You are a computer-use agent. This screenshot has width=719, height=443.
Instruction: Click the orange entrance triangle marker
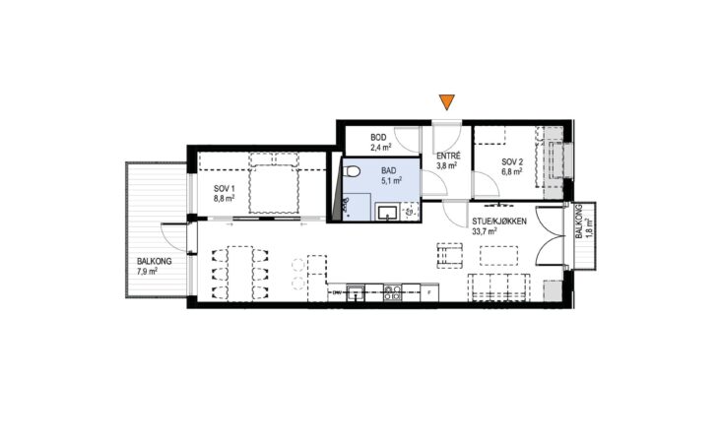tap(446, 101)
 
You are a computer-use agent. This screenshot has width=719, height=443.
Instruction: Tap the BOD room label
tap(379, 138)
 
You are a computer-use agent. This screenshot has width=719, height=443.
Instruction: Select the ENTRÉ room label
tap(448, 157)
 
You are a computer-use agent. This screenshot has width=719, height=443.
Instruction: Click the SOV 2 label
tap(512, 161)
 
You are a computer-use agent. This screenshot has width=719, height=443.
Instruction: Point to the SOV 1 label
tap(225, 189)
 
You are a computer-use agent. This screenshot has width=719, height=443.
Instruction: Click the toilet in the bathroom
tap(353, 171)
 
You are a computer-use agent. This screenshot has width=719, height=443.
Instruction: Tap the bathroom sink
tap(388, 213)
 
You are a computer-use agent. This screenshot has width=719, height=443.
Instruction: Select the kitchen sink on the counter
tap(356, 292)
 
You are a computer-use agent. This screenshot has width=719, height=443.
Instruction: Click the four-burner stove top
tap(392, 292)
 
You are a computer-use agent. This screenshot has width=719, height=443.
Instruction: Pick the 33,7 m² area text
tap(486, 231)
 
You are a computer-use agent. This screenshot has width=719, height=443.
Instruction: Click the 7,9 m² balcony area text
tap(147, 271)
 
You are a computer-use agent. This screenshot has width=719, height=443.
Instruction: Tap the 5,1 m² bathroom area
tap(392, 180)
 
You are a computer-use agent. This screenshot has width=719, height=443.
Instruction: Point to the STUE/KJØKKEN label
tap(499, 221)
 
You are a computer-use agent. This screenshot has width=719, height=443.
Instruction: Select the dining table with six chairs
tap(239, 274)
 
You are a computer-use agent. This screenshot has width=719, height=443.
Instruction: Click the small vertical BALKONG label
tap(579, 221)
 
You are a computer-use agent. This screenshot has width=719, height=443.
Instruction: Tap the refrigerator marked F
tap(429, 292)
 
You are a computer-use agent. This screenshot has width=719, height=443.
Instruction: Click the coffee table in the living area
tap(498, 256)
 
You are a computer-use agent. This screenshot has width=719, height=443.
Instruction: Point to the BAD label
tap(388, 171)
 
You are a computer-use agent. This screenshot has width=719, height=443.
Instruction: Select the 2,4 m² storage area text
tap(380, 148)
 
